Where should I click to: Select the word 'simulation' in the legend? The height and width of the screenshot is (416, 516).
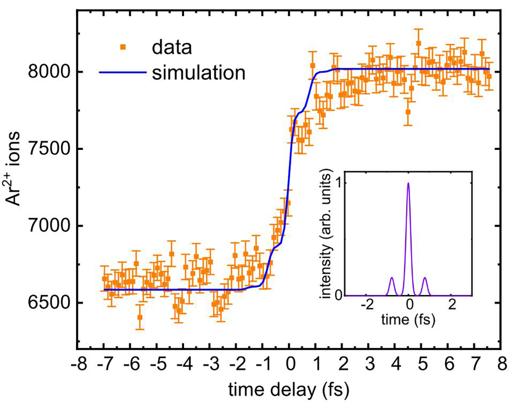pyautogui.click(x=199, y=73)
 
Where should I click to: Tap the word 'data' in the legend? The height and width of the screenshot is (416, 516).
pyautogui.click(x=172, y=47)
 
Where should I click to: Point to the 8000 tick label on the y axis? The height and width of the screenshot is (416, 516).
pyautogui.click(x=48, y=72)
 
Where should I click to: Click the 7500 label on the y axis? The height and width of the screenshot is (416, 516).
pyautogui.click(x=48, y=149)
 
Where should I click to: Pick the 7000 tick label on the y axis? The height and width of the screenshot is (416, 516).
pyautogui.click(x=48, y=226)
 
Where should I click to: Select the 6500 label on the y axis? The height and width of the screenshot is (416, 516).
pyautogui.click(x=48, y=303)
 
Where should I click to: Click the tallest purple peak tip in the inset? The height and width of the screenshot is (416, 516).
pyautogui.click(x=409, y=183)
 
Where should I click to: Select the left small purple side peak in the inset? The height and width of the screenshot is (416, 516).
pyautogui.click(x=392, y=278)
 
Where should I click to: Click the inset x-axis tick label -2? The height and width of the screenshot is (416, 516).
pyautogui.click(x=364, y=306)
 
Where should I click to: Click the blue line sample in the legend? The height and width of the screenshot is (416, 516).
pyautogui.click(x=123, y=73)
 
